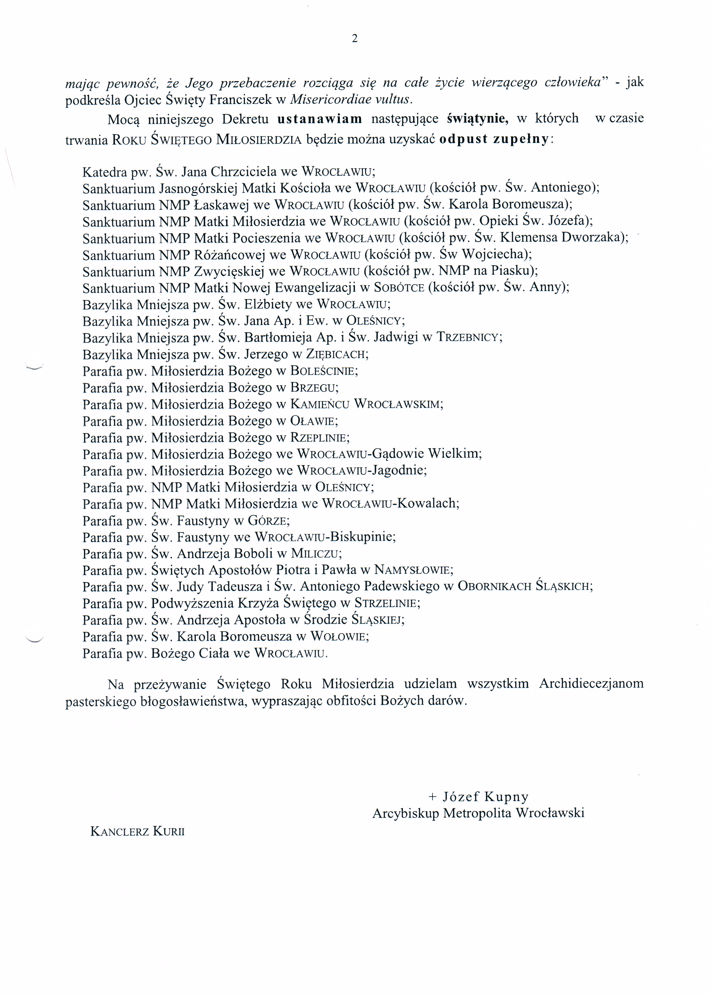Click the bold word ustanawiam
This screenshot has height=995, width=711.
click(x=320, y=119)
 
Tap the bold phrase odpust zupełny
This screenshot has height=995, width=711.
click(x=493, y=139)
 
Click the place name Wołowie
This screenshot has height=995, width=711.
click(x=338, y=637)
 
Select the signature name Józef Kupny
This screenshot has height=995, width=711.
click(x=485, y=797)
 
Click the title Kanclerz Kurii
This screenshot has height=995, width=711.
click(x=137, y=832)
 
